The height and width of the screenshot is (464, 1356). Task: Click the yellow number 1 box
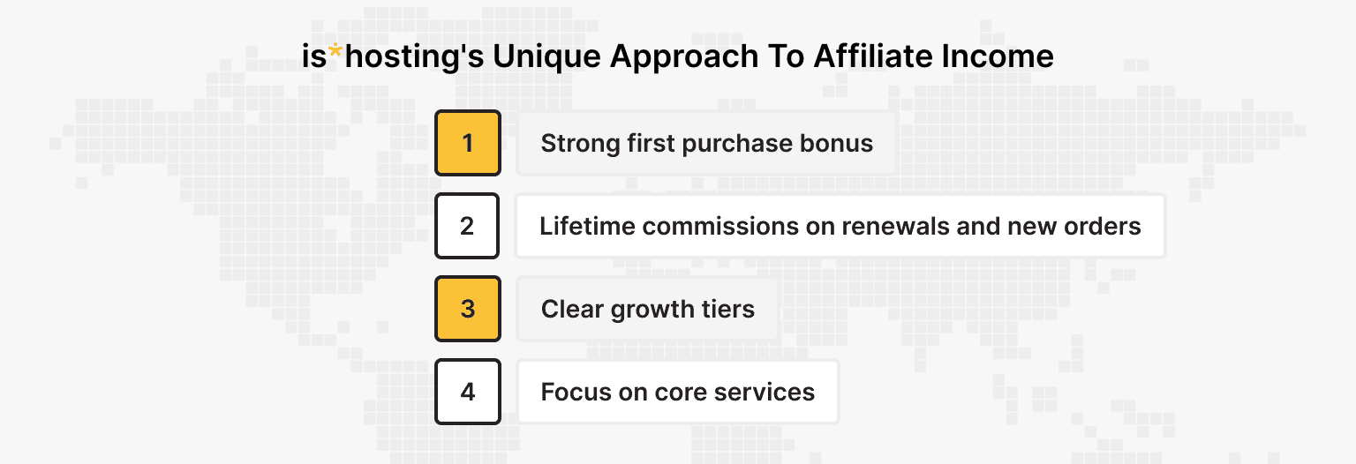click(x=468, y=143)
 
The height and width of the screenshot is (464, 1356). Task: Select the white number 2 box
click(x=468, y=226)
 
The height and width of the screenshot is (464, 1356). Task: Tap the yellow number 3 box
click(x=468, y=309)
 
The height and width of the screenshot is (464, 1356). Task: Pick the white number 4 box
click(x=468, y=392)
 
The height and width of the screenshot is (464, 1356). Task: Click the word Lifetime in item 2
click(x=587, y=226)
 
